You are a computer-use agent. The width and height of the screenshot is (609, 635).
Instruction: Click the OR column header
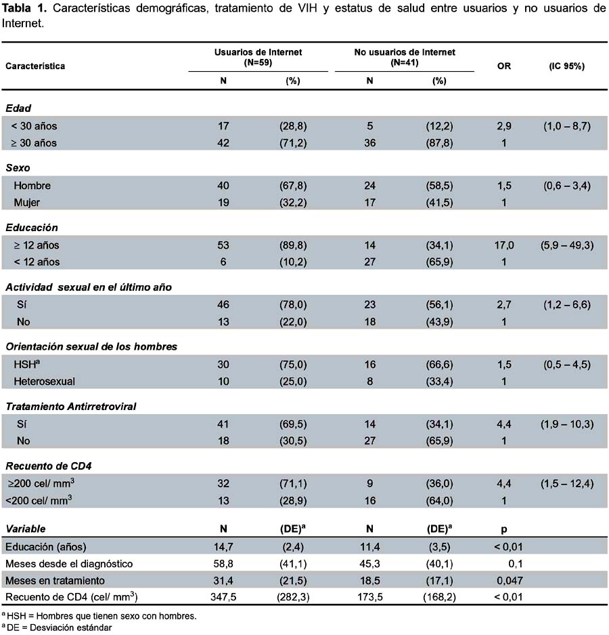click(504, 66)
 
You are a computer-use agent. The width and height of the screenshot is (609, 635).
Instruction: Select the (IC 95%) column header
click(567, 66)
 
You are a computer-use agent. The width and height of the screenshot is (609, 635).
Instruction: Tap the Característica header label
click(35, 66)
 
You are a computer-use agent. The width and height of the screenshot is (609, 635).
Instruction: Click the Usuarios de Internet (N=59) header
click(258, 57)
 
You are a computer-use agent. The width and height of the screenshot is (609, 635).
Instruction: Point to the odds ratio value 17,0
click(504, 245)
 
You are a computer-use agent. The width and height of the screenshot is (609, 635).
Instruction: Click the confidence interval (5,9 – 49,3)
click(567, 245)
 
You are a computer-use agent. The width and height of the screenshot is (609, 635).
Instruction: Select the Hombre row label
click(32, 186)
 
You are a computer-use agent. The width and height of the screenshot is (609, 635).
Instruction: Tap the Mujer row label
click(26, 203)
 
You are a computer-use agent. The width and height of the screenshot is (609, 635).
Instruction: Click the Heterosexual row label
click(45, 382)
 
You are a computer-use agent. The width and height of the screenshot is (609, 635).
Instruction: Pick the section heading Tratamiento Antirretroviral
click(71, 406)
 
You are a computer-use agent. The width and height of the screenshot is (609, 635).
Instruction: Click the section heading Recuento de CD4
click(49, 466)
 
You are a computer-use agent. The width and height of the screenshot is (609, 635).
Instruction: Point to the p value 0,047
click(510, 580)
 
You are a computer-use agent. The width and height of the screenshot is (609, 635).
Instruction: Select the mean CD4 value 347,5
click(223, 597)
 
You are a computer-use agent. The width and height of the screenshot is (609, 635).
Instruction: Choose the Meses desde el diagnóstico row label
click(69, 564)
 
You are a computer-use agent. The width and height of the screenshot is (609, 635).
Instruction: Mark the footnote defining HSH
click(99, 616)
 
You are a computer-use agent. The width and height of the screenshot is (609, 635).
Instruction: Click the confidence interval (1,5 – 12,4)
click(567, 484)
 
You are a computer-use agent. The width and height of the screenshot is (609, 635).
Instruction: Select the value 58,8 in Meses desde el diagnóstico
click(223, 564)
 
